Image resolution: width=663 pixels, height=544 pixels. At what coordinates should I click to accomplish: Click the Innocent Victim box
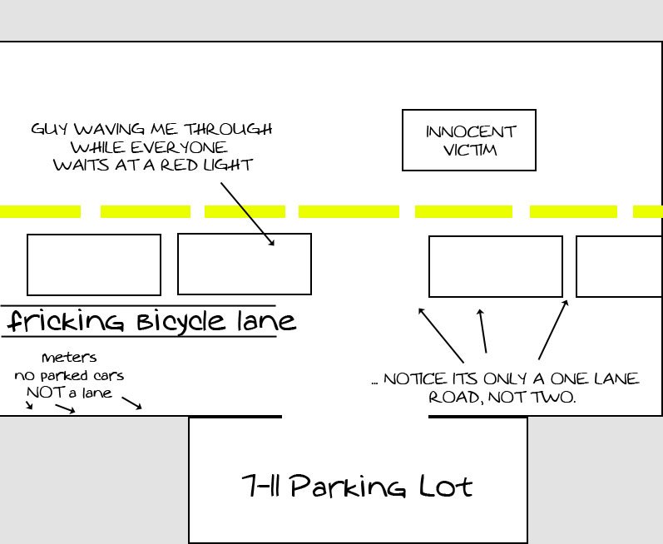tap(468, 140)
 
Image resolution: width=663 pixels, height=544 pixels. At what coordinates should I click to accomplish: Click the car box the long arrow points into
tap(245, 264)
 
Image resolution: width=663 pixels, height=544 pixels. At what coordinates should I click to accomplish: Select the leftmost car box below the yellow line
tap(94, 265)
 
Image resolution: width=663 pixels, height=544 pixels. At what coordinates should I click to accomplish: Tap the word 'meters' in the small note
tap(69, 358)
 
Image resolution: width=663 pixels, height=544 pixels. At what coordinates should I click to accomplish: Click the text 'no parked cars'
tap(69, 375)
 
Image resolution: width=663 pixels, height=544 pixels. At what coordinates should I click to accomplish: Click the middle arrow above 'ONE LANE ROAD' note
tap(483, 331)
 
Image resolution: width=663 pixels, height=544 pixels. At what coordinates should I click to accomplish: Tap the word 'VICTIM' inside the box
tap(471, 151)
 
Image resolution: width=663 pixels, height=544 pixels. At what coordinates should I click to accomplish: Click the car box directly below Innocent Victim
tap(495, 266)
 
